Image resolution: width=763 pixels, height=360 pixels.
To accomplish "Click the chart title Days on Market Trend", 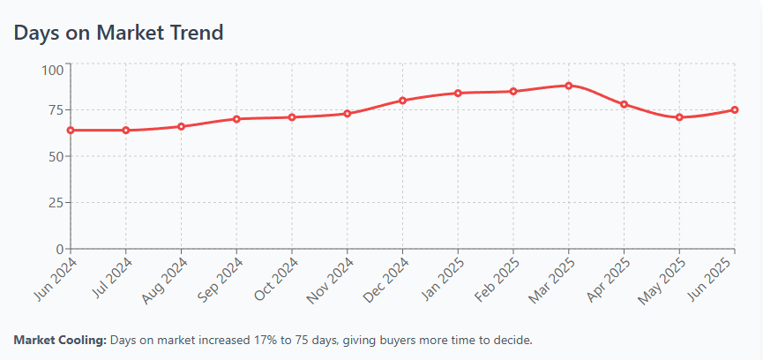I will [118, 33].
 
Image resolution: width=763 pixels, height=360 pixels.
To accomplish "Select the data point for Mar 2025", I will [569, 86].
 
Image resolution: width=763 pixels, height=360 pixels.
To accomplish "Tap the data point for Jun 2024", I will [71, 130].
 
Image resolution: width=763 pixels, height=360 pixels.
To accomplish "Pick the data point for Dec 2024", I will [402, 100].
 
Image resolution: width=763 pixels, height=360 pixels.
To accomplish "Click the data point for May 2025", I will [679, 117].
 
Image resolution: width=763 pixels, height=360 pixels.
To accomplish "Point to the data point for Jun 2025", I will [735, 109].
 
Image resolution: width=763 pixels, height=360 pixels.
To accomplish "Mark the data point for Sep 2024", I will [236, 118].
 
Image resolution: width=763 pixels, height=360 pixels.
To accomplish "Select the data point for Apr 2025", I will [624, 104].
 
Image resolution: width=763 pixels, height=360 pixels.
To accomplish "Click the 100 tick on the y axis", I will [52, 69].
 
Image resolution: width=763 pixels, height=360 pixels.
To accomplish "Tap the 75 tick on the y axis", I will [55, 110].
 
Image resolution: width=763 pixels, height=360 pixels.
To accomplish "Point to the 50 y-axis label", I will [55, 156].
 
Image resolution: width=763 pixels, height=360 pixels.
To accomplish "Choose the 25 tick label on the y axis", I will [55, 202].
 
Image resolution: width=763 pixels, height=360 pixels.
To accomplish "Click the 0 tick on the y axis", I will [58, 249].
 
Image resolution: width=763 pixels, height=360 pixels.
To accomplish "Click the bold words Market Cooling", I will [60, 340].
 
